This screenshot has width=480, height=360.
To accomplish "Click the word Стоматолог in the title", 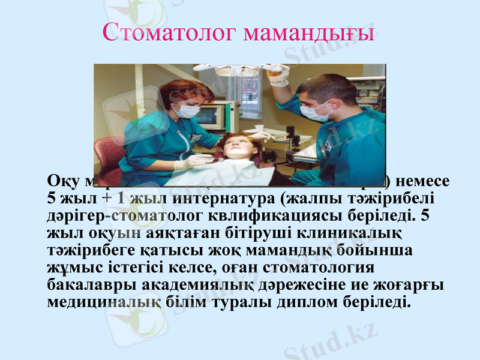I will pos(170,31).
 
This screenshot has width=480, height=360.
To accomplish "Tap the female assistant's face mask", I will pos(188,110).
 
